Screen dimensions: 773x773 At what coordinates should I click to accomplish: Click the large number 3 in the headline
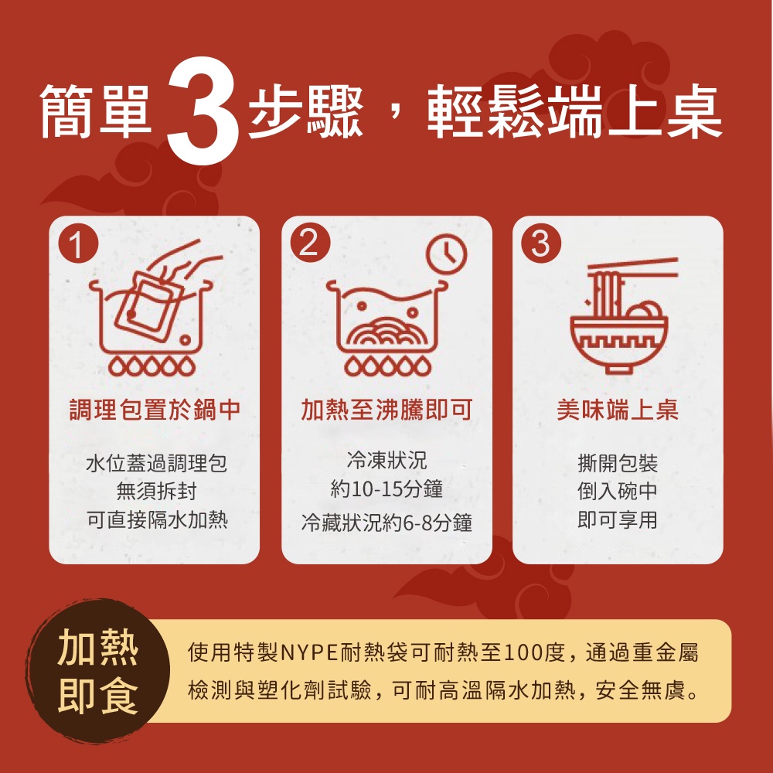point(203,111)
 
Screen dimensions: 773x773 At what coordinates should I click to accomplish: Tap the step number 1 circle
point(78,243)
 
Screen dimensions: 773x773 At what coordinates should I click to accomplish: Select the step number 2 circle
point(310,243)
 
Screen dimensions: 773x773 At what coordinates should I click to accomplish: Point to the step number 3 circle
point(541,243)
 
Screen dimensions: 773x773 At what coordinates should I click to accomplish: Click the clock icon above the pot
point(446,254)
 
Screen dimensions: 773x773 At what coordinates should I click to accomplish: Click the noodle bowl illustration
point(619,315)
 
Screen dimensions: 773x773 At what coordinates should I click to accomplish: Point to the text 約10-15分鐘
point(386,489)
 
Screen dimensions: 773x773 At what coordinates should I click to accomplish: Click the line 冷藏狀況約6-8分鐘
point(386,522)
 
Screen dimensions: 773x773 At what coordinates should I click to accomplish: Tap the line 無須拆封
point(156,491)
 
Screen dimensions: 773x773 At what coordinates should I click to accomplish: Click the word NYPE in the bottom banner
point(308,652)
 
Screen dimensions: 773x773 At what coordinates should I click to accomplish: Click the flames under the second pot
point(387,366)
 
